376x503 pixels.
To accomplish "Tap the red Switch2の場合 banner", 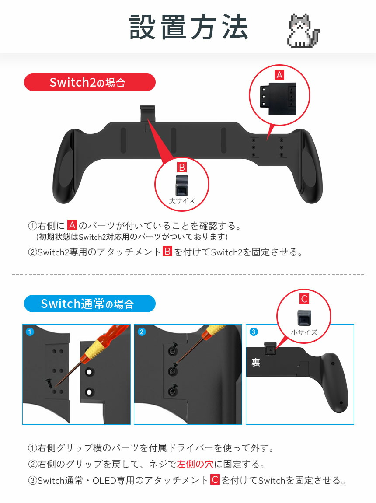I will click(x=90, y=82).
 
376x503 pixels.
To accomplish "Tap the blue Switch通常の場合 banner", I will click(x=90, y=304).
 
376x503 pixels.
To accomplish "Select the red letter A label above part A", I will click(x=279, y=75).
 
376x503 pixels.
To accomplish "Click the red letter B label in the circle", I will click(x=182, y=167).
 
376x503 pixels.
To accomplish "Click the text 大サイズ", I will click(x=182, y=201).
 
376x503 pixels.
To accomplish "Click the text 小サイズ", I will click(x=303, y=332).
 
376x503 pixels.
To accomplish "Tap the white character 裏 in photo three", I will click(x=256, y=363).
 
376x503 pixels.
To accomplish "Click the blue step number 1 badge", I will click(x=30, y=332).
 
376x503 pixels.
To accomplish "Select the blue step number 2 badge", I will click(x=141, y=332).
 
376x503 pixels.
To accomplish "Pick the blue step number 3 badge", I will click(x=254, y=332).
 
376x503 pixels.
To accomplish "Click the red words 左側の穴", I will click(x=195, y=464).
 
